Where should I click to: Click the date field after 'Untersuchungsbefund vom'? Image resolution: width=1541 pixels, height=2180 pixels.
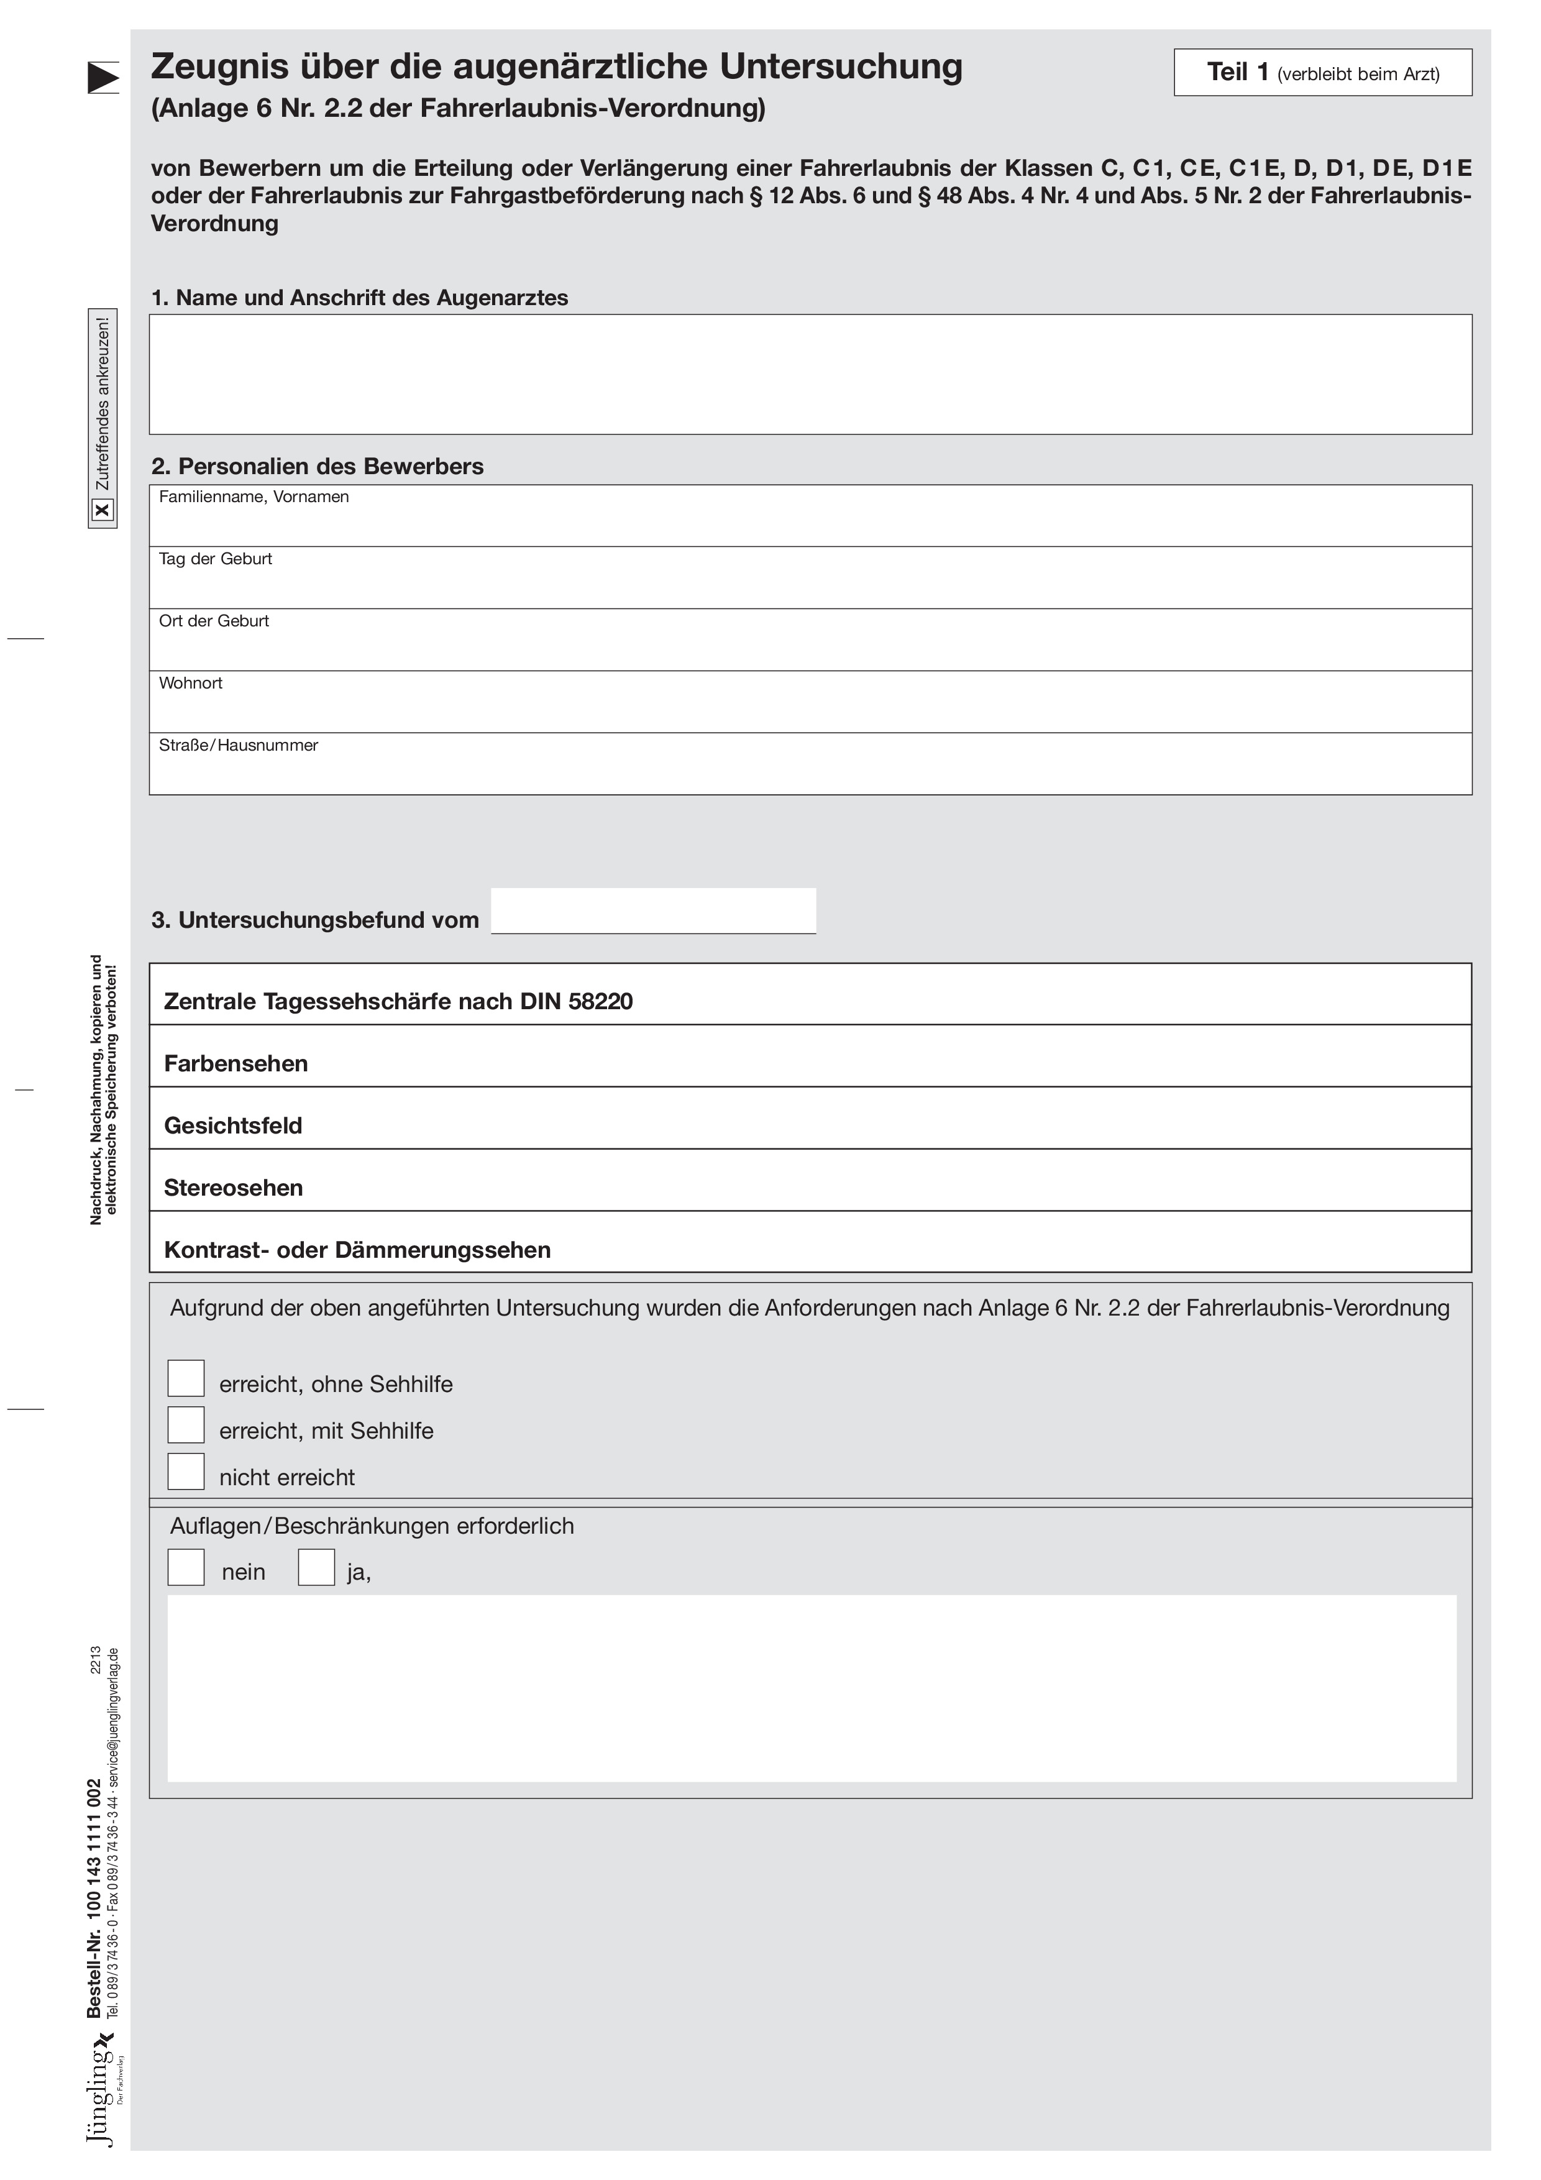tap(653, 912)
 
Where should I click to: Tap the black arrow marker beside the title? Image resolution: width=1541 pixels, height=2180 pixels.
tap(103, 78)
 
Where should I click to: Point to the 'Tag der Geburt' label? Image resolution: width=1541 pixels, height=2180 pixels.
tap(216, 559)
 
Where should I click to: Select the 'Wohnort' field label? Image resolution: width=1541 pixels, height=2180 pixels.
tap(191, 684)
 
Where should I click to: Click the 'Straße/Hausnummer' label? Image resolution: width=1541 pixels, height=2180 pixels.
tap(239, 745)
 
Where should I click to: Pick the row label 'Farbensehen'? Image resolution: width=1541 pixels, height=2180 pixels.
tap(235, 1063)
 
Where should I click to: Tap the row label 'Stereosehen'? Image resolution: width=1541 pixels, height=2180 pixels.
tap(234, 1188)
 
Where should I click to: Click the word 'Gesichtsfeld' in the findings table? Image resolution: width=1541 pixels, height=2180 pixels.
tap(232, 1126)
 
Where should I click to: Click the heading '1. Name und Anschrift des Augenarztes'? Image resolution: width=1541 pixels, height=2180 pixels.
tap(360, 298)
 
